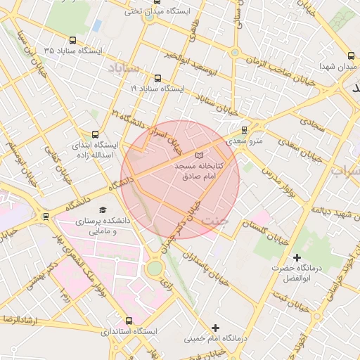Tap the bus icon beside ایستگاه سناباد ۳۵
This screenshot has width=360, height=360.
click(x=74, y=41)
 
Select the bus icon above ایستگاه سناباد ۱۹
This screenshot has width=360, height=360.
click(x=156, y=79)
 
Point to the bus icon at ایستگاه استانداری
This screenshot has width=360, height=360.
click(x=128, y=321)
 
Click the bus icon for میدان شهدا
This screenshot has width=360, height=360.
click(x=350, y=56)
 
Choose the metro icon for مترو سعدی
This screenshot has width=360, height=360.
click(x=244, y=130)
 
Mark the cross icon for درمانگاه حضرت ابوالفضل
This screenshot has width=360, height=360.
click(x=297, y=258)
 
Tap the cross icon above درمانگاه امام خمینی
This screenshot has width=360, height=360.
click(x=216, y=328)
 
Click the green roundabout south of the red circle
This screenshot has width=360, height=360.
click(x=154, y=268)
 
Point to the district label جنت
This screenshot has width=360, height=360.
click(x=215, y=221)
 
